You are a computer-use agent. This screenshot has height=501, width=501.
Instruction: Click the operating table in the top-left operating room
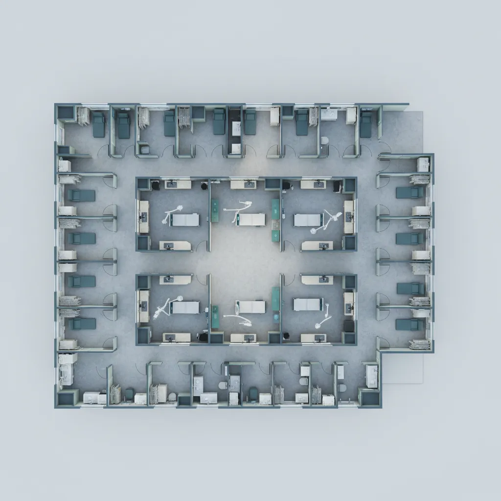click(x=185, y=220)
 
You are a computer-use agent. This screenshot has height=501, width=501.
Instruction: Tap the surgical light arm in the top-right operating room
click(x=327, y=218)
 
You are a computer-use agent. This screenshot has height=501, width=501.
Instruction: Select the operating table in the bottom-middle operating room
click(x=251, y=307)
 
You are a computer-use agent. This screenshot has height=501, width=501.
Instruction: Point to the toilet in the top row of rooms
click(x=324, y=140)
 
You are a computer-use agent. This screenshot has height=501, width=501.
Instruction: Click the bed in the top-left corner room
click(x=99, y=124)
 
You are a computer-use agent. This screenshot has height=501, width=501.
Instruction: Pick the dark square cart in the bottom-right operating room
click(x=348, y=325)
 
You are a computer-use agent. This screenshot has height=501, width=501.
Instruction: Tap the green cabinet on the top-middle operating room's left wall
click(x=215, y=210)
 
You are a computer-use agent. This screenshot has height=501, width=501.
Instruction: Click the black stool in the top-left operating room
click(x=155, y=185)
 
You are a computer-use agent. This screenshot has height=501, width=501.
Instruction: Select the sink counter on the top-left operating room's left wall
click(x=144, y=216)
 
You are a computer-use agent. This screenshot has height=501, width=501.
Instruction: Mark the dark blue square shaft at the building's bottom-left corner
click(x=65, y=398)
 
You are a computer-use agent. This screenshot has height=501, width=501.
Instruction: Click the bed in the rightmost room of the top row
click(x=365, y=124)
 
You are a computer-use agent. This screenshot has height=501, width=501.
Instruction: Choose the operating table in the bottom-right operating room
click(x=308, y=304)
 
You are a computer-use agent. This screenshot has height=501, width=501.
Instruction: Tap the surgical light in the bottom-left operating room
click(x=161, y=307)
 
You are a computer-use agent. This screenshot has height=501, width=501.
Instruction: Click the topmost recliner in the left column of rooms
click(x=81, y=195)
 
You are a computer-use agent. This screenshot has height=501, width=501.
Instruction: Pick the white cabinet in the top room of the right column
click(x=423, y=164)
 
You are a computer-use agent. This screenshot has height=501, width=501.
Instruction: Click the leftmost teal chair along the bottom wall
click(x=129, y=394)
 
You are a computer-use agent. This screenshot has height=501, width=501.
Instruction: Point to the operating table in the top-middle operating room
click(x=251, y=219)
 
